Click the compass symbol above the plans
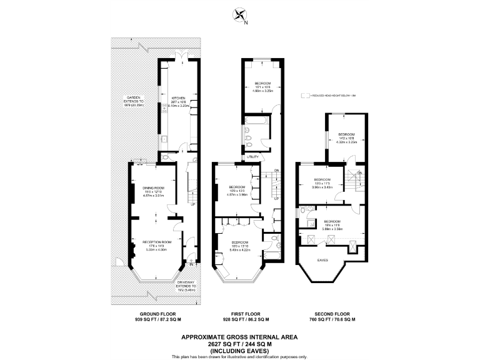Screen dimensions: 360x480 coord(239,14)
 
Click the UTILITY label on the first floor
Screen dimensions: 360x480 coord(252,157)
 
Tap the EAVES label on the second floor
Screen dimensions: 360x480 coord(322,259)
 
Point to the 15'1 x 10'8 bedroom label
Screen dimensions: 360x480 coord(263,83)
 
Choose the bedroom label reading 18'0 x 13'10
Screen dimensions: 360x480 coord(239,241)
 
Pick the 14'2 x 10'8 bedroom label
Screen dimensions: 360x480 coord(346,134)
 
